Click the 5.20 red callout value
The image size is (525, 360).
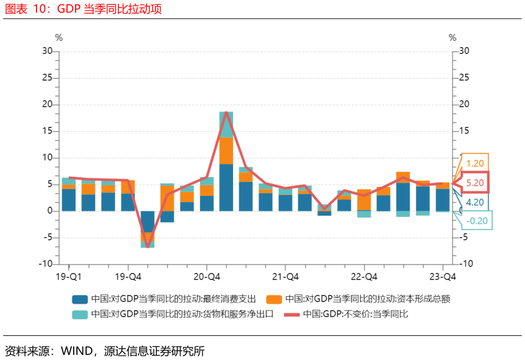click(475, 183)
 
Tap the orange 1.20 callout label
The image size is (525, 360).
click(475, 164)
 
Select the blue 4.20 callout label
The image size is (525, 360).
click(475, 202)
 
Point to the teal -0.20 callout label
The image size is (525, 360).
click(477, 221)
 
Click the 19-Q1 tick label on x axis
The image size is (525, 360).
click(69, 277)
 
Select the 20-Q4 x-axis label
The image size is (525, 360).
click(206, 277)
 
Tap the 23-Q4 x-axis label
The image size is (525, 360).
click(443, 277)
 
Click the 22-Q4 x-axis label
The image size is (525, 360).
click(364, 277)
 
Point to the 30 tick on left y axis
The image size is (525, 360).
click(47, 51)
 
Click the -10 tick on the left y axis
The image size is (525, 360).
click(46, 263)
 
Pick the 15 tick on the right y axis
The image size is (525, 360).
click(464, 131)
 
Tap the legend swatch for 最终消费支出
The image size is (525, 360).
click(80, 299)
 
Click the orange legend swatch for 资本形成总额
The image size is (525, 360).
click(274, 299)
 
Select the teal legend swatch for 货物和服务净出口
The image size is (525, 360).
click(80, 315)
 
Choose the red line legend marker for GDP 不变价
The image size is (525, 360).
click(291, 315)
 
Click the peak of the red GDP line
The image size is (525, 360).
click(226, 112)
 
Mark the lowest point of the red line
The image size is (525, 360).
click(148, 247)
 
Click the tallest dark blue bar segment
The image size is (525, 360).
click(226, 188)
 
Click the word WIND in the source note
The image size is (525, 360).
click(77, 351)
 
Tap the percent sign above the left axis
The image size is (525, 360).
click(59, 38)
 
